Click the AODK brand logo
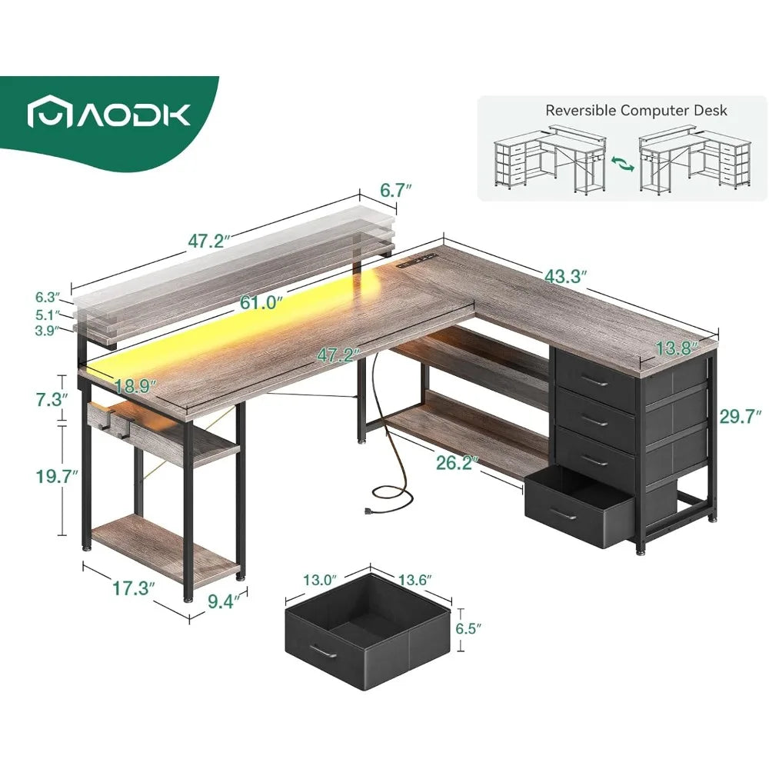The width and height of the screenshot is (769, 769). click(109, 115)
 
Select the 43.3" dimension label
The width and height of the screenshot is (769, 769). click(565, 276)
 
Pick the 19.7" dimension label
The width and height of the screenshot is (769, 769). click(57, 476)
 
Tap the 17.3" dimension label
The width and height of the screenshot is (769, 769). click(134, 588)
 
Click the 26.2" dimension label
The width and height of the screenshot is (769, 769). click(457, 462)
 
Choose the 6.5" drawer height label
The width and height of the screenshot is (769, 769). click(468, 629)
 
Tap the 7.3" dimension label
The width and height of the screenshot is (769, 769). click(51, 400)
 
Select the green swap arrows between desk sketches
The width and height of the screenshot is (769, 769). click(622, 164)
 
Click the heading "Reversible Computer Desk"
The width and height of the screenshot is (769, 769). click(636, 110)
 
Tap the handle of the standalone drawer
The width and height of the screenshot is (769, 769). click(325, 651)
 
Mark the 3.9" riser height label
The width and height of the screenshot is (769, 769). click(47, 330)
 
